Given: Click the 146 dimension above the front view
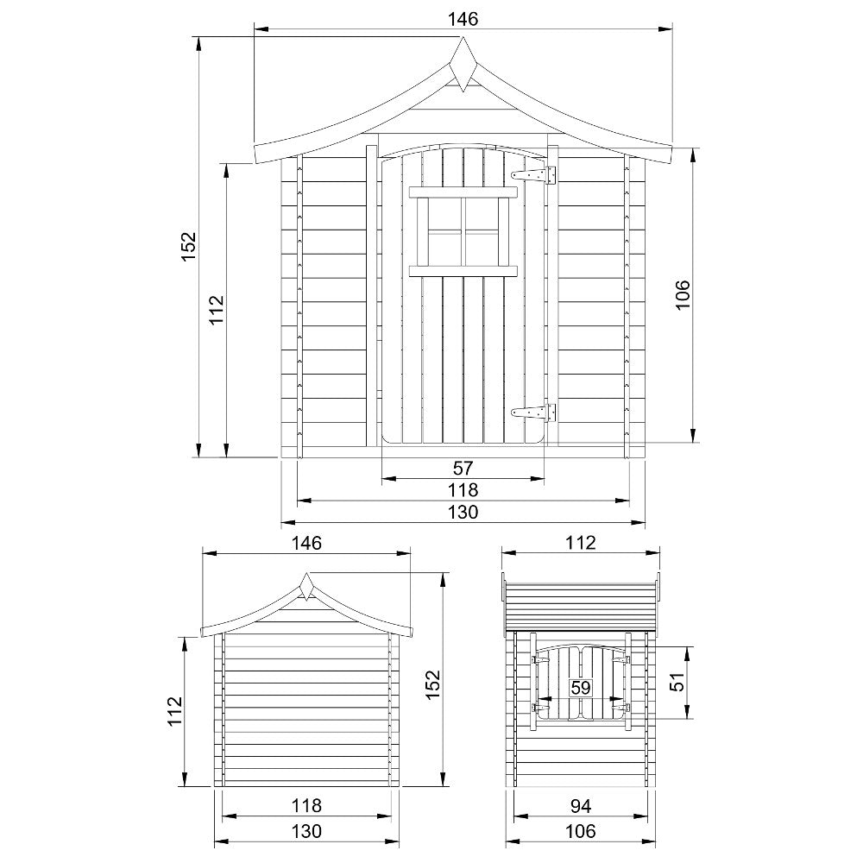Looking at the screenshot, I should click(x=463, y=17).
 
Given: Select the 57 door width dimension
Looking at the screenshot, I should click(x=463, y=468).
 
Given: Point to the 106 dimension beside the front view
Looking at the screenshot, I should click(x=682, y=296).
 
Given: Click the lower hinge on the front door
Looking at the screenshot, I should click(x=534, y=413).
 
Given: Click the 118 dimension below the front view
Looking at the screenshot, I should click(x=463, y=489).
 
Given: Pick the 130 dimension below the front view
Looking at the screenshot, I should click(x=463, y=512).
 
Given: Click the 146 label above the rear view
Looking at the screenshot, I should click(x=306, y=543).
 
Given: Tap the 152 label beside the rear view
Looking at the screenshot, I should click(x=432, y=684).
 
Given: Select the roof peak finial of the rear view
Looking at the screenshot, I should click(x=306, y=587).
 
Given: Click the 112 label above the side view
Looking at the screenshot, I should click(x=582, y=543).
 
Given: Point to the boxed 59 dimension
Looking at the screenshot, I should click(x=581, y=688).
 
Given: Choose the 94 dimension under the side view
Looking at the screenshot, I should click(x=582, y=806).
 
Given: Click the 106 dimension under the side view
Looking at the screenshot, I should click(x=582, y=831).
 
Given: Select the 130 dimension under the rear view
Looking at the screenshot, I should click(x=306, y=831).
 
